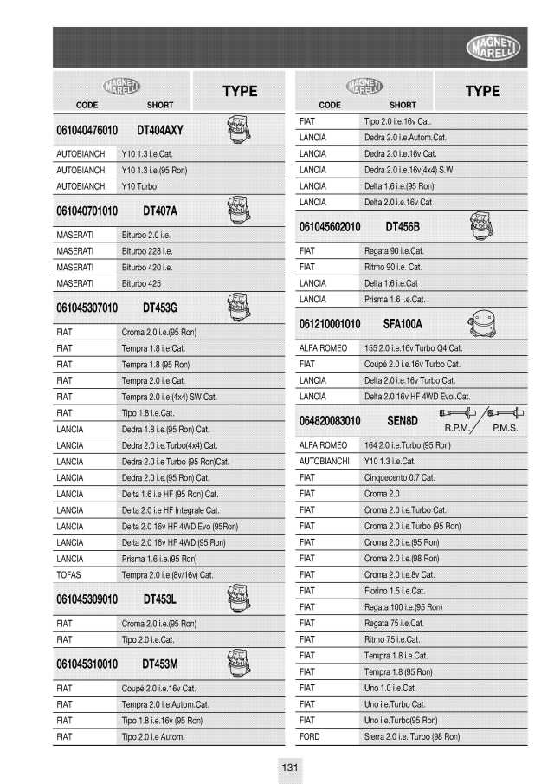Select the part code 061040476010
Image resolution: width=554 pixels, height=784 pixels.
click(87, 130)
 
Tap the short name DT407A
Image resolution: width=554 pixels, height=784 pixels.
click(160, 211)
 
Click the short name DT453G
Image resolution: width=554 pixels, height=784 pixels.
click(160, 308)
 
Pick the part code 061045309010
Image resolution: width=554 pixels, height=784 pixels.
click(87, 599)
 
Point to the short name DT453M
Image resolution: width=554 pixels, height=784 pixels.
click(160, 664)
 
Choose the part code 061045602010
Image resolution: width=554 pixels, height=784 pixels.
click(330, 227)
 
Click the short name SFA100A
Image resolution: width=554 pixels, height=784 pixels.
click(403, 324)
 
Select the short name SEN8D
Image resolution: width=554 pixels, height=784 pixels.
click(402, 421)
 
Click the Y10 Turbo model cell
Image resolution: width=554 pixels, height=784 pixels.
click(139, 186)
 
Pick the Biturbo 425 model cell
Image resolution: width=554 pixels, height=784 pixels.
click(141, 283)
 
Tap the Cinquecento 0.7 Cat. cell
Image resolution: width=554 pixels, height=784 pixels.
click(399, 477)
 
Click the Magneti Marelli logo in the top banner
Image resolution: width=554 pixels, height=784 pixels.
click(493, 48)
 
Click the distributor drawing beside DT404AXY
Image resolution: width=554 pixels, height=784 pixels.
click(235, 130)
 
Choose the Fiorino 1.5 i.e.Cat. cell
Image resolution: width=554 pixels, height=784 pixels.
click(395, 591)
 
